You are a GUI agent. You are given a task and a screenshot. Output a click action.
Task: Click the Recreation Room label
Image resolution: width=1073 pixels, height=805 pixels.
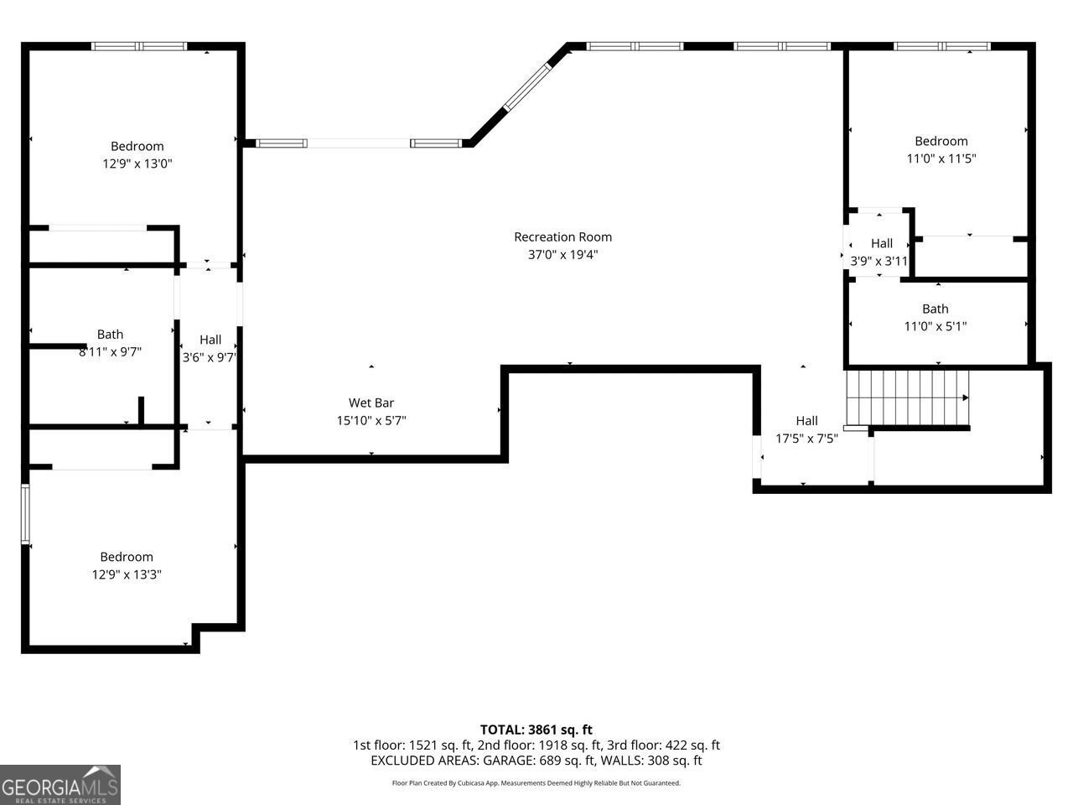(x=562, y=237)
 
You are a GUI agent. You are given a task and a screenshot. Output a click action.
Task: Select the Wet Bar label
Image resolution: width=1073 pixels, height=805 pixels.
(x=371, y=402)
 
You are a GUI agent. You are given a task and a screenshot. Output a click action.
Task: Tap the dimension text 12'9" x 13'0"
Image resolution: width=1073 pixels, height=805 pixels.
(x=137, y=164)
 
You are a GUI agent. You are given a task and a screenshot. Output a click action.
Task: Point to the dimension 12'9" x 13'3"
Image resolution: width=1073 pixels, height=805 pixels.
(x=127, y=574)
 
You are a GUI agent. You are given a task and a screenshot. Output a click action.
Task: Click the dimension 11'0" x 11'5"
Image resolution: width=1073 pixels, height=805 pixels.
(x=941, y=158)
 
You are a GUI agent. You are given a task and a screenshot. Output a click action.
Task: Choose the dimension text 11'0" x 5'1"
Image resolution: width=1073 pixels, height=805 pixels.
(x=936, y=326)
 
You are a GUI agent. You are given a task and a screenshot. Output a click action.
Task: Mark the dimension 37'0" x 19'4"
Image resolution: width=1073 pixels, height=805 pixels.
(x=562, y=254)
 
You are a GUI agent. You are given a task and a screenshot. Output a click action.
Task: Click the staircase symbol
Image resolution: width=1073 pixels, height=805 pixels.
(x=907, y=397)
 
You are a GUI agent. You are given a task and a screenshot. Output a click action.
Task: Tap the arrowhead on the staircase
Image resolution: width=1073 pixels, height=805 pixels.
(x=966, y=397)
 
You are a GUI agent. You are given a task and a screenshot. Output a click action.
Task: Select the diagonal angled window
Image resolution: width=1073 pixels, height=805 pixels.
(x=527, y=87)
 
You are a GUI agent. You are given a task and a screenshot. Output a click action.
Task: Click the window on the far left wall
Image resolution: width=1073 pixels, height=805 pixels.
(x=25, y=514)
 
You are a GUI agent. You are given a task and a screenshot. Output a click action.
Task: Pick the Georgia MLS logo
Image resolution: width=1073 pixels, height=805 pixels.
(x=60, y=785)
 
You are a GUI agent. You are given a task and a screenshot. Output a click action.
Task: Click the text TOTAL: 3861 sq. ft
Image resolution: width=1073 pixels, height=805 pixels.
(x=536, y=730)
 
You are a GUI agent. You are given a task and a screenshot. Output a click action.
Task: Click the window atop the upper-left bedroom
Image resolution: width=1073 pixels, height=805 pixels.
(x=139, y=46)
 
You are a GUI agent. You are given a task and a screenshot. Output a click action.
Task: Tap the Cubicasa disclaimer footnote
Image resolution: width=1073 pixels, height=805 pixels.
(x=536, y=783)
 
